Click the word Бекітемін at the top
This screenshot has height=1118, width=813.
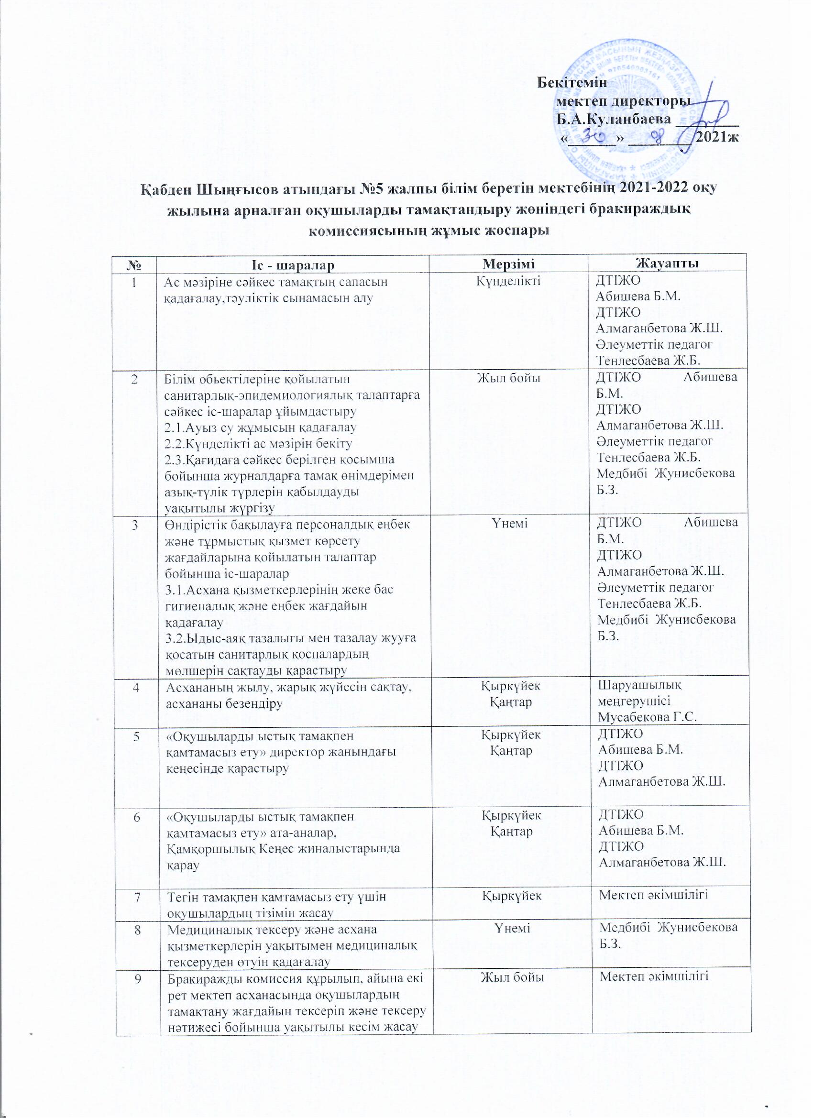pyautogui.click(x=572, y=82)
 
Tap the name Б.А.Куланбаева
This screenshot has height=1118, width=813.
pyautogui.click(x=614, y=119)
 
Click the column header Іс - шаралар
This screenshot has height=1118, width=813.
pyautogui.click(x=292, y=265)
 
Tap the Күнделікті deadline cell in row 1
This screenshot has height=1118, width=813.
pyautogui.click(x=508, y=282)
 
